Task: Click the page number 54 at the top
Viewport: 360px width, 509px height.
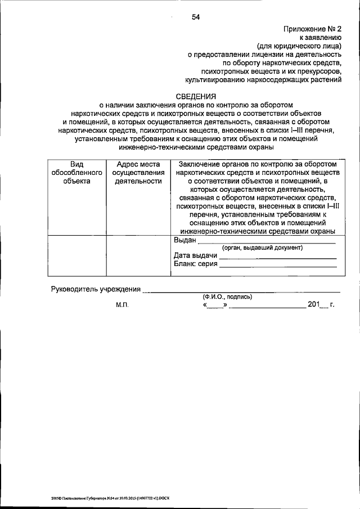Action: click(x=196, y=17)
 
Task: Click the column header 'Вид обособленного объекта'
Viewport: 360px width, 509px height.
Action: click(x=76, y=173)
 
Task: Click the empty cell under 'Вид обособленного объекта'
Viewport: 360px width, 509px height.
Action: click(x=76, y=256)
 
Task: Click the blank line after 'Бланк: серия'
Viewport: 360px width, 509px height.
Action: click(x=278, y=265)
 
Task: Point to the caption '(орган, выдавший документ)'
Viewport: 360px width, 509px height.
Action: click(x=262, y=248)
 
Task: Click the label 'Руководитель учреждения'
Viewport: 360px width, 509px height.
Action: click(x=96, y=289)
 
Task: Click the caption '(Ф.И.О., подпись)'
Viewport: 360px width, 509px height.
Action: click(x=228, y=297)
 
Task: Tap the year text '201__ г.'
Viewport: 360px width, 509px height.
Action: click(x=321, y=305)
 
